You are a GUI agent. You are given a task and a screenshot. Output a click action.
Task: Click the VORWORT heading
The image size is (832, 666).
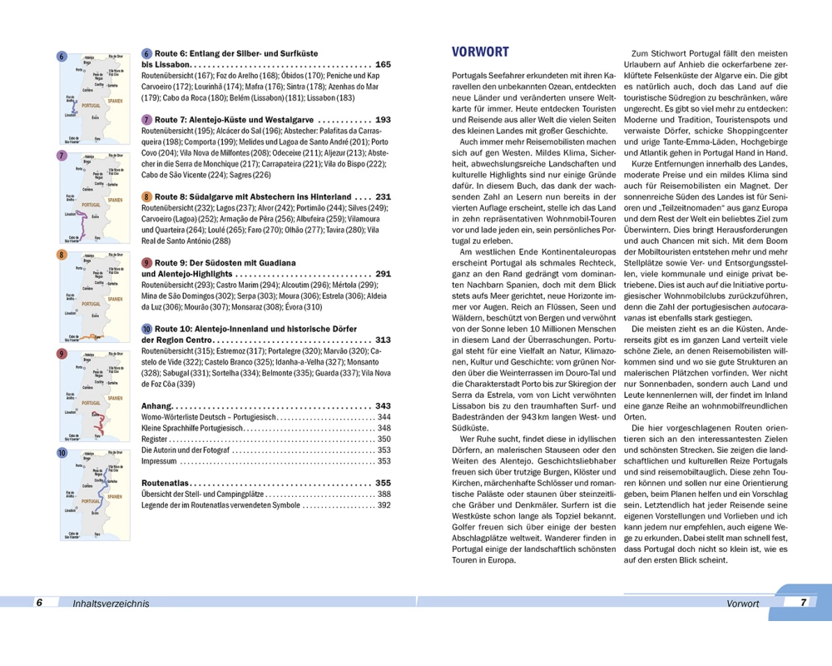click(x=480, y=52)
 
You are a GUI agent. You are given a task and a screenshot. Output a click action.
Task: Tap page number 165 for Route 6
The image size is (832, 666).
click(x=383, y=64)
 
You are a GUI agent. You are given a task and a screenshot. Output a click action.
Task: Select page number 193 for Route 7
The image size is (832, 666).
click(x=383, y=120)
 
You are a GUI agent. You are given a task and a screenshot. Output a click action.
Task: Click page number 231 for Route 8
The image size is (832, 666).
click(x=383, y=197)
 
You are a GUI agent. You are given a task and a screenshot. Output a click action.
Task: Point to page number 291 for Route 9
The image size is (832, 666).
click(x=383, y=274)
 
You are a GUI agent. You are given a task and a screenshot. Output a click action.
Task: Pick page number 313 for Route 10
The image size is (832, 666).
click(x=383, y=340)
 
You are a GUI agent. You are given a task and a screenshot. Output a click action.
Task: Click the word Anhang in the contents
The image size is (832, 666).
click(x=160, y=405)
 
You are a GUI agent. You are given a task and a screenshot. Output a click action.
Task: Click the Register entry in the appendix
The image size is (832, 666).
click(x=156, y=439)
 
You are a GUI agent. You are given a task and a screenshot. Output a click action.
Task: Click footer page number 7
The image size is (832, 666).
click(x=802, y=602)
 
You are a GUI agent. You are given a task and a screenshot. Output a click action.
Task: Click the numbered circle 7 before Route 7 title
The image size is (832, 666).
click(x=146, y=120)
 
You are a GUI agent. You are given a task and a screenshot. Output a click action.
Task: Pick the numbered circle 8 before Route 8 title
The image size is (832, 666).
click(x=146, y=197)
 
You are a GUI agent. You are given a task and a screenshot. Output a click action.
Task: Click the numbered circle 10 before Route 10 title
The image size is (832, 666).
click(x=147, y=329)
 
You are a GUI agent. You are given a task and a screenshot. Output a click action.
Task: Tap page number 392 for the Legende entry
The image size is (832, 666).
click(x=383, y=504)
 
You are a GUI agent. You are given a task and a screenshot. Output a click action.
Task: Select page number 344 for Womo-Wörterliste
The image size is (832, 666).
click(x=383, y=417)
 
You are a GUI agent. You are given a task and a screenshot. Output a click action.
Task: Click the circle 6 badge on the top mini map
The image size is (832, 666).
click(x=62, y=57)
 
